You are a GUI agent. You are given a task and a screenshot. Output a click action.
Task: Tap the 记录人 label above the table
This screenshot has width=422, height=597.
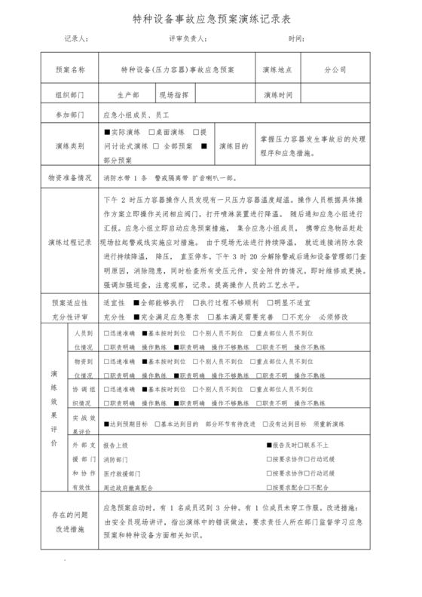(78, 38)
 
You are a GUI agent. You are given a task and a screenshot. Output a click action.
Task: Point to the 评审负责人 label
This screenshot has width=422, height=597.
(186, 38)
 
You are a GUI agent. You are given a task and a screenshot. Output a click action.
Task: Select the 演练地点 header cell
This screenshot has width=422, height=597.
(277, 69)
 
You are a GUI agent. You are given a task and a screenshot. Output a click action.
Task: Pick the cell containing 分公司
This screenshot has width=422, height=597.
(335, 69)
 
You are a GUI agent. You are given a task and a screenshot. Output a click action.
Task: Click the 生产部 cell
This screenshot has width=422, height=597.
(128, 96)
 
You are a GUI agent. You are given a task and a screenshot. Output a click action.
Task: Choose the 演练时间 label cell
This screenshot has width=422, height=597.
(277, 96)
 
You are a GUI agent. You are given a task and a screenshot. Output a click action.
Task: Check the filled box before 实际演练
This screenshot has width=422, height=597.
(106, 132)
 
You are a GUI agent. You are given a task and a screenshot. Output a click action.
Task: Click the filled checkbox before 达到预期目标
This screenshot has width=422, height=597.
(106, 425)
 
